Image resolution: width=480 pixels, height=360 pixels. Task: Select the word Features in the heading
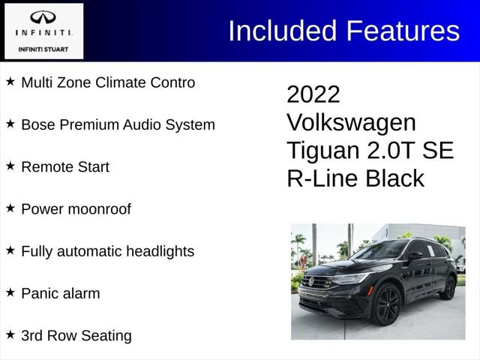(x=403, y=31)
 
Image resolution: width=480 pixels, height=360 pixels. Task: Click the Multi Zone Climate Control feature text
(x=108, y=82)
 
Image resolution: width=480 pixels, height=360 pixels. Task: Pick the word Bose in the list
(x=37, y=124)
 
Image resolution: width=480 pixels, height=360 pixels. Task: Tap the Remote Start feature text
(x=65, y=166)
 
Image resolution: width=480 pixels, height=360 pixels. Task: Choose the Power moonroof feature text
(x=76, y=209)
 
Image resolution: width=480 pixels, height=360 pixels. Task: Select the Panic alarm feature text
(x=60, y=293)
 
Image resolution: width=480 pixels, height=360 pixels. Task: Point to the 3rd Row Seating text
(x=76, y=335)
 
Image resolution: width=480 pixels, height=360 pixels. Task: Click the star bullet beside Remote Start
(x=10, y=166)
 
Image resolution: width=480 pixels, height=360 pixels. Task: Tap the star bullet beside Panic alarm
(x=10, y=292)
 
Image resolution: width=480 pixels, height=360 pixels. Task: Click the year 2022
(x=313, y=94)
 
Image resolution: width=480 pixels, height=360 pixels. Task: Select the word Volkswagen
(x=351, y=122)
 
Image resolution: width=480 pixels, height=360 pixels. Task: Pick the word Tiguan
(x=323, y=150)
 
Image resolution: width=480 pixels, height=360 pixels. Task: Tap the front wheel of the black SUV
(x=388, y=304)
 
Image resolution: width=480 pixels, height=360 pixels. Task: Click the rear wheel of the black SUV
(x=449, y=287)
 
